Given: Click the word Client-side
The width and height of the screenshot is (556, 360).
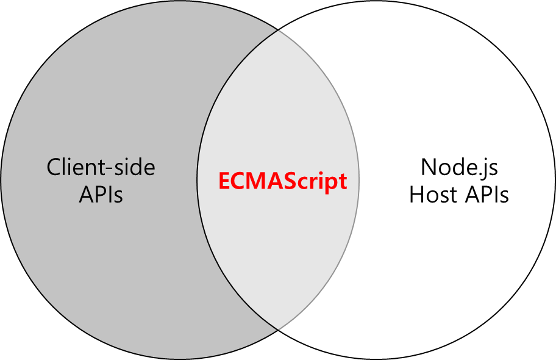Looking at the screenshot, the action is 101,167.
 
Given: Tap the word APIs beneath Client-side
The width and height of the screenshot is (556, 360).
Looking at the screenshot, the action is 101,195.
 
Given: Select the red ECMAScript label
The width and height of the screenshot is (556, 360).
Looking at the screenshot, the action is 283,181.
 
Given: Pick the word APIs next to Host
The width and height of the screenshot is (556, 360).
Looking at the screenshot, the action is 486,195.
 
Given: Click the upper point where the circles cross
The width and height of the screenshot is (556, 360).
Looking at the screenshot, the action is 278,31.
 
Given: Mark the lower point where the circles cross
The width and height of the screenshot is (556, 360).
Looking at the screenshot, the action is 278,329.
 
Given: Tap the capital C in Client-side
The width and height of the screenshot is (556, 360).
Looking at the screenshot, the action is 55,167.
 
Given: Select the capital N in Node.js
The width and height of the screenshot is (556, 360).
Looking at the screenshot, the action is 429,167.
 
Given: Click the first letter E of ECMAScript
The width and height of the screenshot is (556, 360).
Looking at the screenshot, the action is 224,181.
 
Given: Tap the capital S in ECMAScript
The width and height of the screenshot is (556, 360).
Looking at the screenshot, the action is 282,181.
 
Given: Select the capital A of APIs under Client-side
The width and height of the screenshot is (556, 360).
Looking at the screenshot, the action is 87,195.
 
